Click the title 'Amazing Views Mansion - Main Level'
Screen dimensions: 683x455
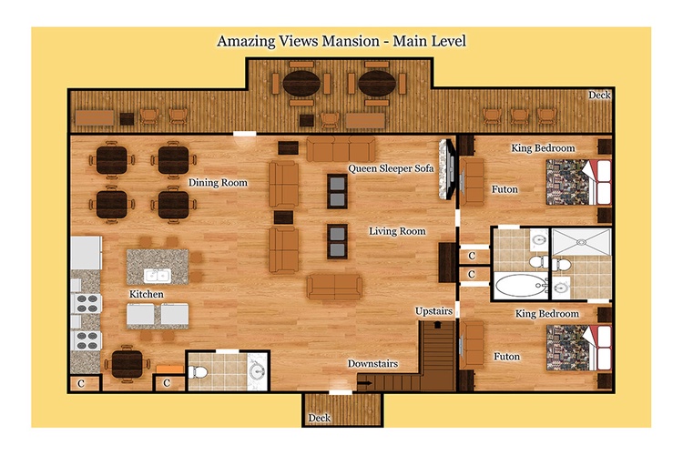pos(341,41)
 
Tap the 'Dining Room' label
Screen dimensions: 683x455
pos(218,182)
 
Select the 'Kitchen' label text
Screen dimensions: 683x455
pos(147,294)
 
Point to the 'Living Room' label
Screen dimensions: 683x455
pos(397,231)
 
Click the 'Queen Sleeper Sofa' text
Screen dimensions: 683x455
pos(391,168)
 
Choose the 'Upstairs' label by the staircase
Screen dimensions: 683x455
pos(433,311)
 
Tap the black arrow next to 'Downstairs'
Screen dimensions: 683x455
pos(364,383)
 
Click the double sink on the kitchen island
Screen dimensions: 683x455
pos(158,275)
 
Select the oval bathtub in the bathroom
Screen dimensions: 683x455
pos(521,286)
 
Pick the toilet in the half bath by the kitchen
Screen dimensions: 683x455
pos(198,372)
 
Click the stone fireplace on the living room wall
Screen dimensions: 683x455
pos(445,169)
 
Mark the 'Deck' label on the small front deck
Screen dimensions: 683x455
pos(320,418)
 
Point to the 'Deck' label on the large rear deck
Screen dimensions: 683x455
pos(599,95)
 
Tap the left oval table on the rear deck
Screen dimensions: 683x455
pos(301,83)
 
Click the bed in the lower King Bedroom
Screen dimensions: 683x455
pos(579,348)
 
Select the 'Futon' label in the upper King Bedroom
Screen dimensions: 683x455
pos(505,189)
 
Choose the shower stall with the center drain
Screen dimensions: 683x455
pos(581,242)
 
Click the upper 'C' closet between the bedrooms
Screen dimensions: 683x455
pos(472,256)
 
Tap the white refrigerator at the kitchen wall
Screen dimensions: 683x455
pos(87,253)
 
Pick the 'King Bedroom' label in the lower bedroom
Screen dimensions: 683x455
pos(547,314)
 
